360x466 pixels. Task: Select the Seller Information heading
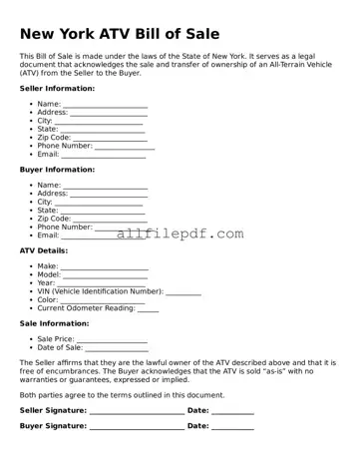pyautogui.click(x=57, y=89)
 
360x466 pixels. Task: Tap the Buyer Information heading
pyautogui.click(x=57, y=170)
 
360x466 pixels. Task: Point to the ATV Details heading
pyautogui.click(x=44, y=250)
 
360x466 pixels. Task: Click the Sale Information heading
pyautogui.click(x=55, y=323)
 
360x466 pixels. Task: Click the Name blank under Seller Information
pyautogui.click(x=105, y=105)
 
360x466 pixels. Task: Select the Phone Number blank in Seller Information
pyautogui.click(x=125, y=147)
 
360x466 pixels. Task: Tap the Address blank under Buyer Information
pyautogui.click(x=109, y=195)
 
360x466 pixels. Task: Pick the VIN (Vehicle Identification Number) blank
pyautogui.click(x=183, y=292)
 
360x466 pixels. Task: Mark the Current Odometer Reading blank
pyautogui.click(x=148, y=309)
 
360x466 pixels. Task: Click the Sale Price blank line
pyautogui.click(x=112, y=340)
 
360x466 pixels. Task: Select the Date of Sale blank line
pyautogui.click(x=116, y=348)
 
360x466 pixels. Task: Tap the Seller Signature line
pyautogui.click(x=137, y=411)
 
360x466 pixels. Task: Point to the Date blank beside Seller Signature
pyautogui.click(x=232, y=411)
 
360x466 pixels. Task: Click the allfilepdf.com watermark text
pyautogui.click(x=180, y=233)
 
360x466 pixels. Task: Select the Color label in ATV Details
pyautogui.click(x=48, y=300)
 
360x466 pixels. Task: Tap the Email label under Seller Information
pyautogui.click(x=48, y=155)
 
